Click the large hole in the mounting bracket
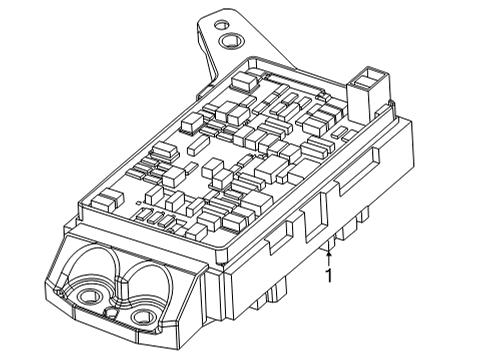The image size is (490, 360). pos(233,41)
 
